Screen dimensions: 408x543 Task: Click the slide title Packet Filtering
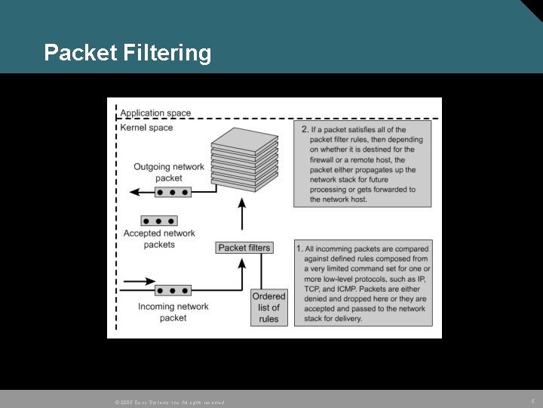click(x=127, y=53)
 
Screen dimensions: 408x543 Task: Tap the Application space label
click(x=156, y=113)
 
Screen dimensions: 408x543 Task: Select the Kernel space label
click(x=146, y=128)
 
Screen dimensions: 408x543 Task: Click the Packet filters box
click(x=244, y=248)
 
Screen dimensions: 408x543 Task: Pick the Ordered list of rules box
click(x=268, y=308)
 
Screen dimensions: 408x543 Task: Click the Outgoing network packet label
click(x=169, y=172)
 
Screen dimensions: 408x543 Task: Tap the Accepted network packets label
click(x=159, y=239)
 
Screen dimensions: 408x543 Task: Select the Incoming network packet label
click(x=173, y=312)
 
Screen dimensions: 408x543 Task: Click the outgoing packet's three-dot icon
click(x=172, y=193)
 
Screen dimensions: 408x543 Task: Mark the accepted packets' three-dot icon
click(x=159, y=221)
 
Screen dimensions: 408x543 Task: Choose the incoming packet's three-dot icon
click(x=172, y=290)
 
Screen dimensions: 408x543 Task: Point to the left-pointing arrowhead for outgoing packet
click(x=135, y=193)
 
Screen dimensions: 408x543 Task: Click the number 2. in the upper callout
click(x=305, y=130)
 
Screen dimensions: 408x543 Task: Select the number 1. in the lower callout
click(x=299, y=249)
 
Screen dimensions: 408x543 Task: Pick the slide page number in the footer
click(x=532, y=400)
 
